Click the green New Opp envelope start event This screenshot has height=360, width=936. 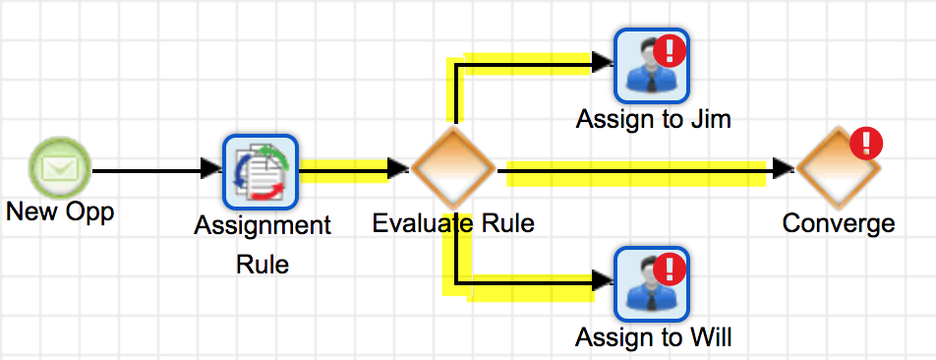pos(59,169)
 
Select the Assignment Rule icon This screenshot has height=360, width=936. pos(260,171)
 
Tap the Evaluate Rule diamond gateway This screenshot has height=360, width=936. pos(452,169)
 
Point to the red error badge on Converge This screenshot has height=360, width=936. pos(866,145)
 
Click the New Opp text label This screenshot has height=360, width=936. pos(59,211)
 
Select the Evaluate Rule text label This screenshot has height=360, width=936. pos(453,223)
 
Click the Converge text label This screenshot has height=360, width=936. pos(839,223)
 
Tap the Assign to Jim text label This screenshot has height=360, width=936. pos(654,119)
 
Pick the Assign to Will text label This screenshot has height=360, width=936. pos(654,338)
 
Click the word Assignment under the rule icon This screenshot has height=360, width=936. pos(263,225)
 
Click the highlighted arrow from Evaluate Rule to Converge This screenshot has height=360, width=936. pos(639,170)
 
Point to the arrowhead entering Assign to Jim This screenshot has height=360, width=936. pos(603,64)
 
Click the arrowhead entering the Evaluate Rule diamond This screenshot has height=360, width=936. pos(397,169)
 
